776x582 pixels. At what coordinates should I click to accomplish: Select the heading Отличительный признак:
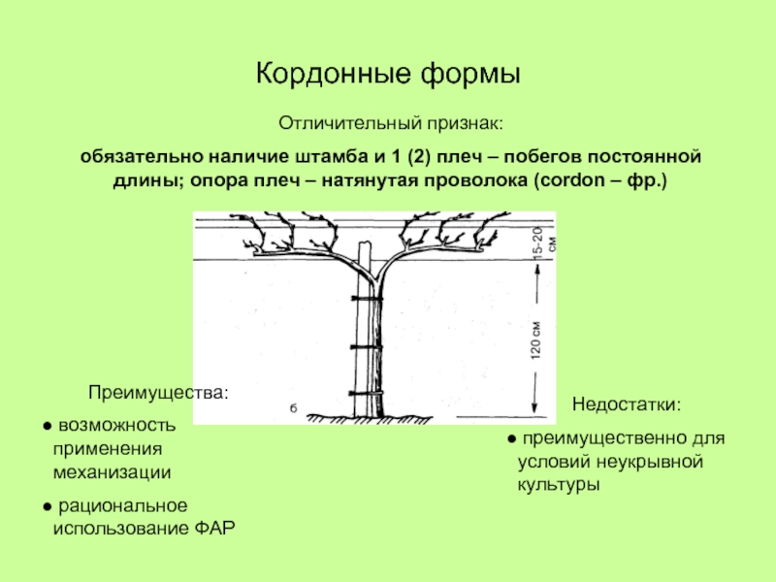391,124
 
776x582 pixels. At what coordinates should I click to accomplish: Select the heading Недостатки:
627,404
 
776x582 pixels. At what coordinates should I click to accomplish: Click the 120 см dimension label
535,340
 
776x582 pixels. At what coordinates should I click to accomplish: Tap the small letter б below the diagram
292,407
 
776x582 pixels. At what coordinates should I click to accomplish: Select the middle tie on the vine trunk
365,344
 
